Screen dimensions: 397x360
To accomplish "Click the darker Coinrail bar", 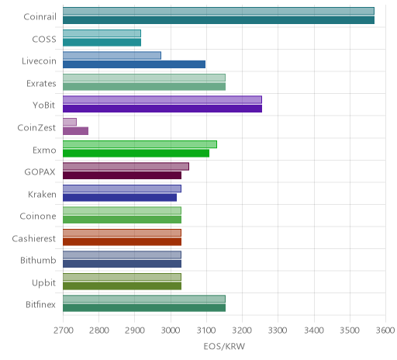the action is tap(219, 20).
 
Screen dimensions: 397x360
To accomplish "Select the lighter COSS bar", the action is tap(102, 33).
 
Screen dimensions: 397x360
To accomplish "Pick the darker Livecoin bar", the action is tap(134, 64).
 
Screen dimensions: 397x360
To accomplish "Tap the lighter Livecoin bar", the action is tap(112, 55).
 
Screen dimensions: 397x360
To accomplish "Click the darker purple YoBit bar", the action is tap(162, 109).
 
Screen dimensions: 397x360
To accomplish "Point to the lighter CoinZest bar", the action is tap(70, 122).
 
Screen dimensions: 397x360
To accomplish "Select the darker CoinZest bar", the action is tap(75, 131).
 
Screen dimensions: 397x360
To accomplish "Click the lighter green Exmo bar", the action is tap(140, 144).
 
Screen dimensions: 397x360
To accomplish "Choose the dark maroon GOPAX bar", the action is tap(122, 175).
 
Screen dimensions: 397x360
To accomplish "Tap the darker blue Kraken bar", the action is tap(119, 197).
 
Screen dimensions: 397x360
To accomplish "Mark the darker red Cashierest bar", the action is tap(122, 241).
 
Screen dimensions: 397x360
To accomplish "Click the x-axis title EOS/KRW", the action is tap(224, 346).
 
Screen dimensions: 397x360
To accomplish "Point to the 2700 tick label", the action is tap(63, 331).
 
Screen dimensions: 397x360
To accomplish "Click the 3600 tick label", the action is tap(385, 331).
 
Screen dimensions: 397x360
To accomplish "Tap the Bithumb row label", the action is tap(38, 260).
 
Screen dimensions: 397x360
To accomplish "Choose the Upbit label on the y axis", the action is tap(43, 282).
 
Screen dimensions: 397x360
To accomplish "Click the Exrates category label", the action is tap(41, 83).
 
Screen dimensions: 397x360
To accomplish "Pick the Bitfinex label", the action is tap(40, 304).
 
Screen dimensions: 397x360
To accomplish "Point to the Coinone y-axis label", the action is tap(38, 216).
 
